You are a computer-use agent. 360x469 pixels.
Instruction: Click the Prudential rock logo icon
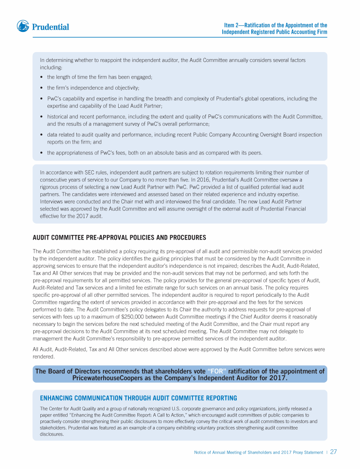(x=23, y=26)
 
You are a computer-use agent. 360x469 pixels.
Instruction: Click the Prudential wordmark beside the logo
(x=51, y=27)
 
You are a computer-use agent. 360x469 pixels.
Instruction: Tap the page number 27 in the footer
(x=334, y=452)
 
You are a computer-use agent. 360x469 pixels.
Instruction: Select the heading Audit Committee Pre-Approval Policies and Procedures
(x=119, y=237)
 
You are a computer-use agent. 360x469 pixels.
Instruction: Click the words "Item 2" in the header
(x=232, y=25)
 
